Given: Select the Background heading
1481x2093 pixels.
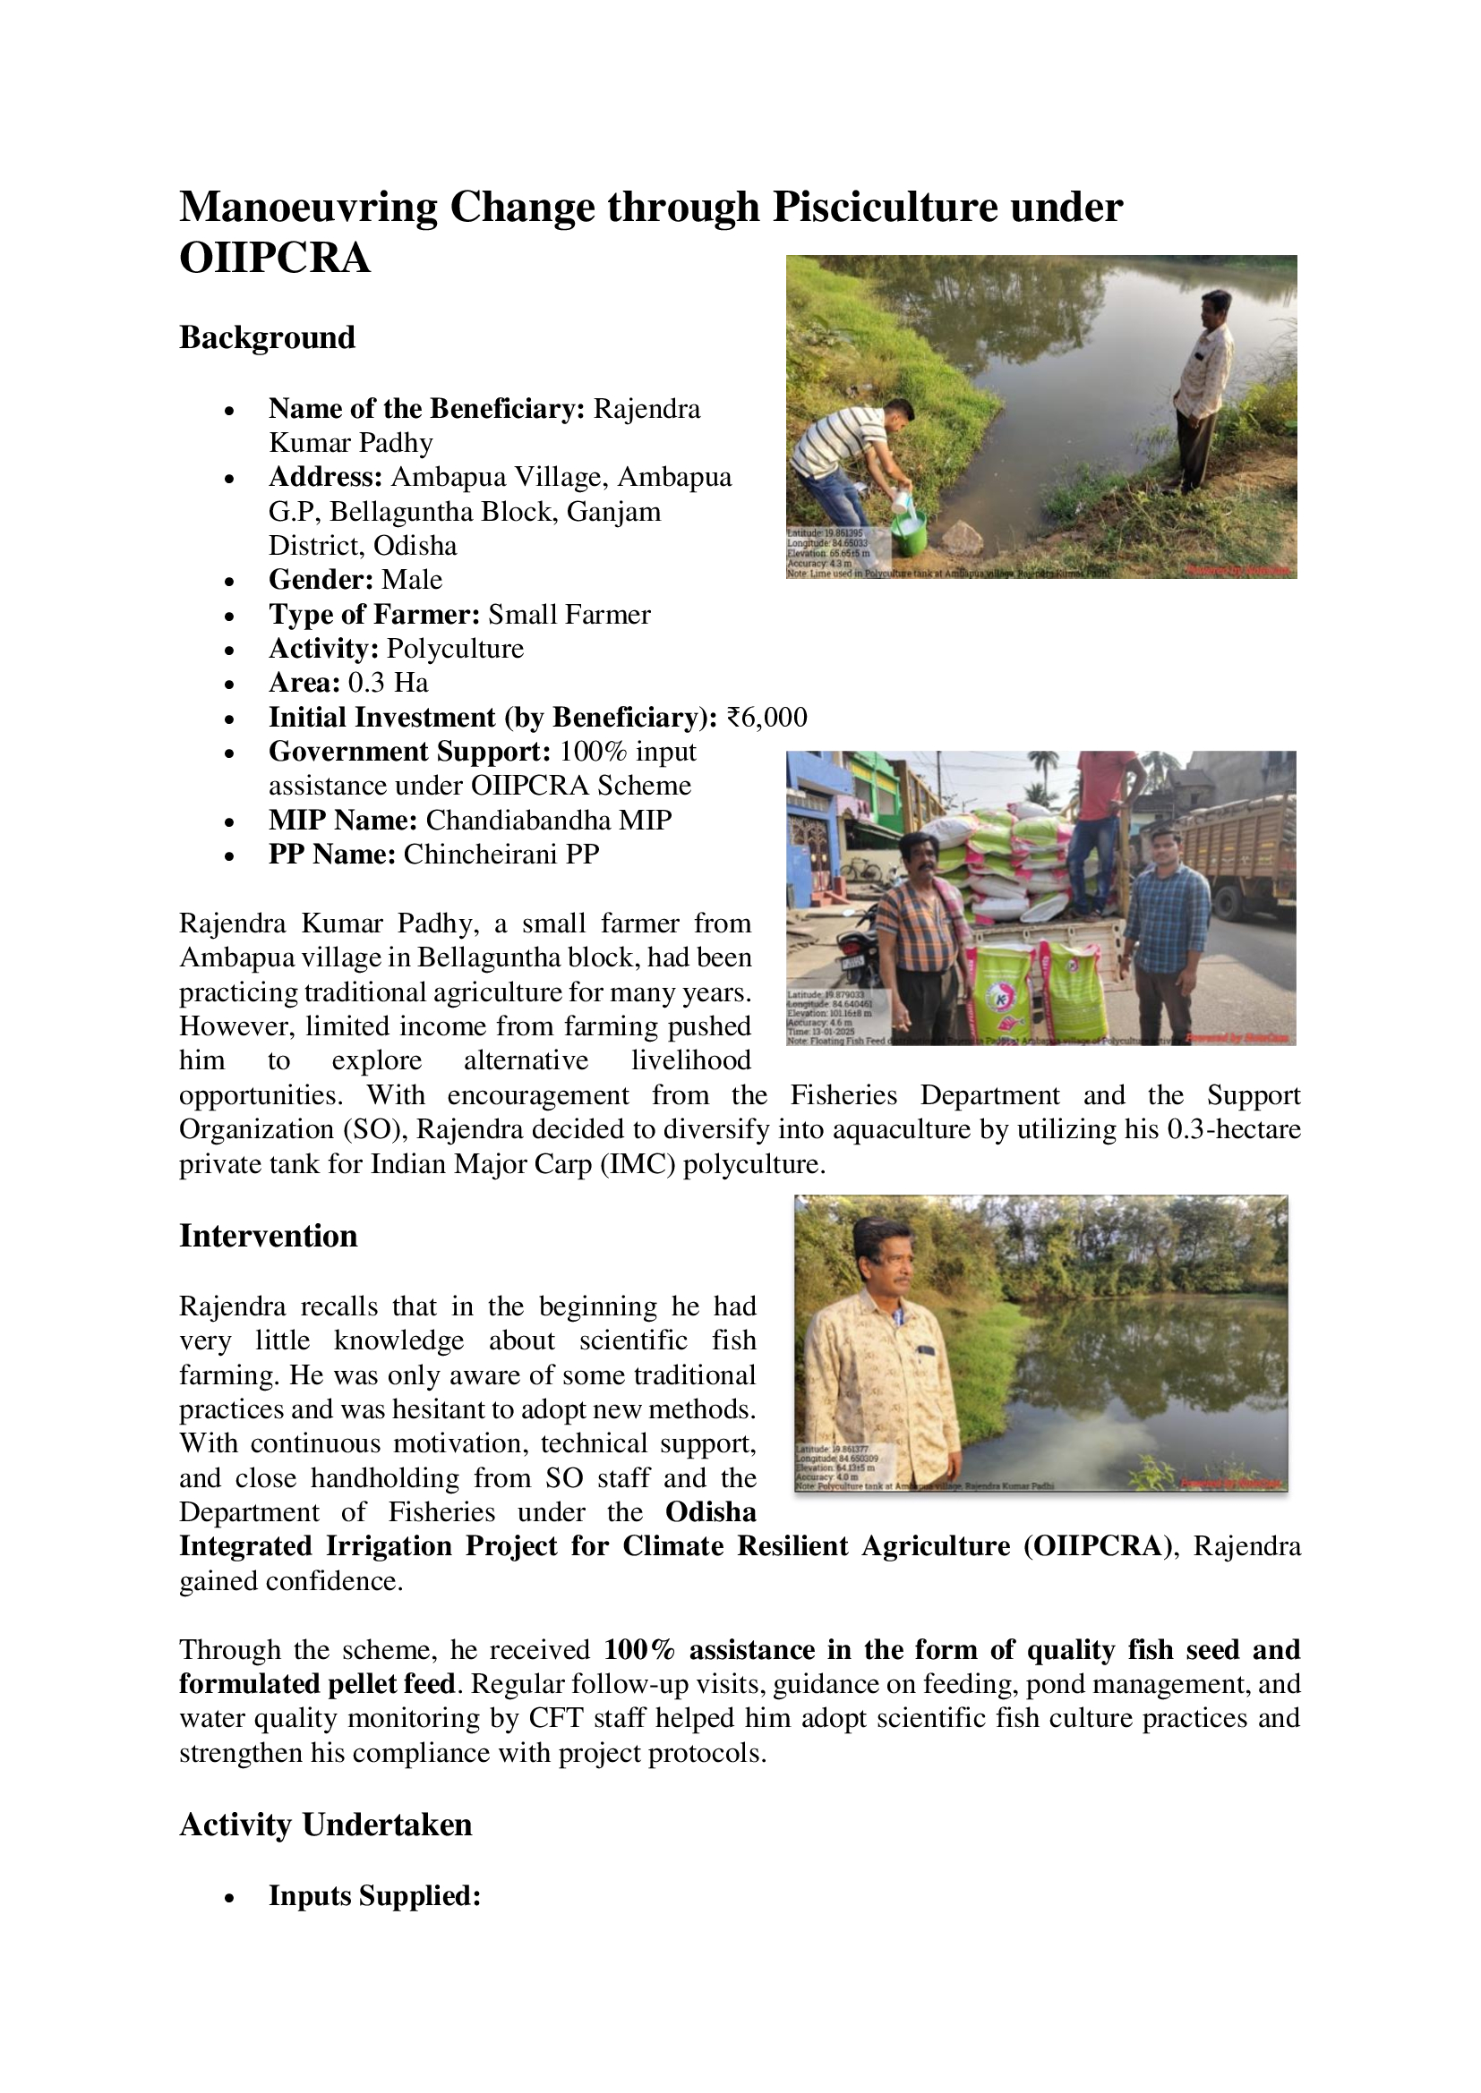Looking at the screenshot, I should (x=267, y=337).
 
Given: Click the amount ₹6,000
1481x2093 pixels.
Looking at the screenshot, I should (x=767, y=718).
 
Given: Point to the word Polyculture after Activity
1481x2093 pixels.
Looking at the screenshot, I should (x=455, y=649).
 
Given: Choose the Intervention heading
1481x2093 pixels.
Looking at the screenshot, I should (x=268, y=1236).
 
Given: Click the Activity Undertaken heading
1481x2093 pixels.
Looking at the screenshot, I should (x=326, y=1825).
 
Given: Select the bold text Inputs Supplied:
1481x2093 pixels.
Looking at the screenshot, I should (x=374, y=1896).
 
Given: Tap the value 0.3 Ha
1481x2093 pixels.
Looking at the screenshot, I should (x=388, y=683).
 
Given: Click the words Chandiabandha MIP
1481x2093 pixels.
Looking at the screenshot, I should (x=548, y=821).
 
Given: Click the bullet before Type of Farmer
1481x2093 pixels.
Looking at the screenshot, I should (x=230, y=617).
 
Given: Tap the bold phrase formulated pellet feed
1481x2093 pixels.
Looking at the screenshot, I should (x=316, y=1684).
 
